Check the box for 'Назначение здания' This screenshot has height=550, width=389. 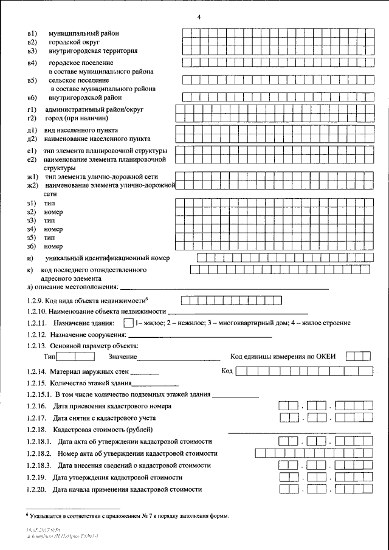point(128,323)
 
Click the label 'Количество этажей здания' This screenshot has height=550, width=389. point(91,383)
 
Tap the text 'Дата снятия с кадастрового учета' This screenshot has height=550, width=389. point(105,418)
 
